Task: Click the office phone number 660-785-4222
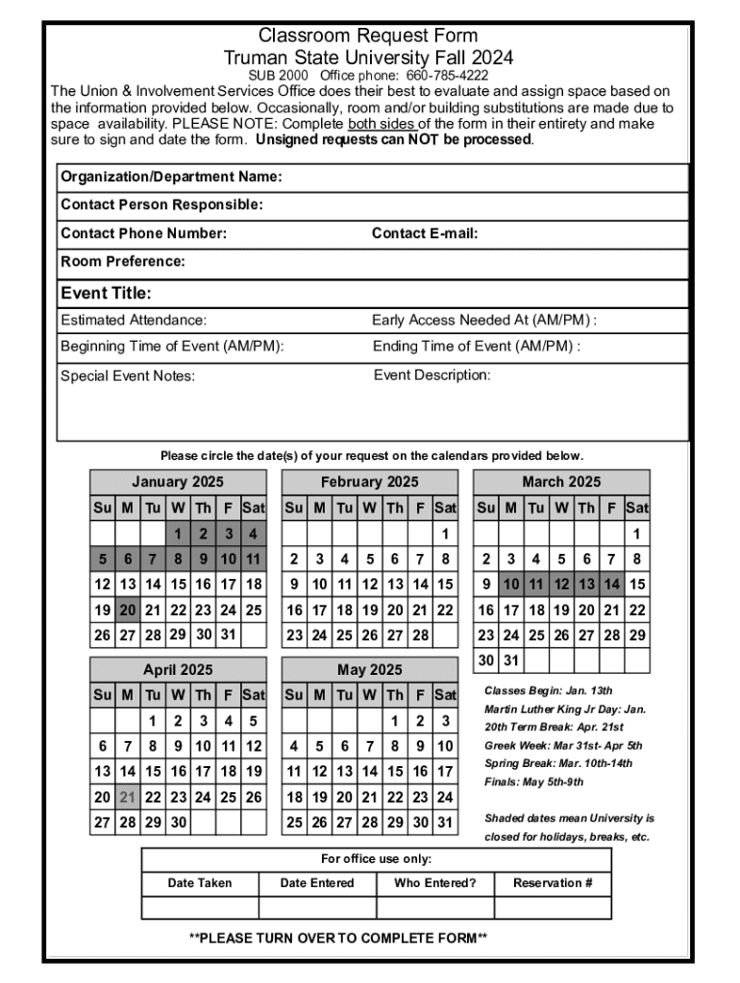447,75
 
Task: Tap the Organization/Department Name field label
171,178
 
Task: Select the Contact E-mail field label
425,233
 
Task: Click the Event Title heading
106,293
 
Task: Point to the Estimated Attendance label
134,321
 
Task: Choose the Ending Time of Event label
476,347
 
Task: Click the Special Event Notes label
128,375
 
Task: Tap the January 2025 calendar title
178,482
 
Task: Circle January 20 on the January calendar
128,610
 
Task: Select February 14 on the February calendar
420,584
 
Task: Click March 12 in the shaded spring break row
561,584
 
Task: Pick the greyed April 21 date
128,797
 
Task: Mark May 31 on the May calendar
445,823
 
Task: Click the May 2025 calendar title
370,670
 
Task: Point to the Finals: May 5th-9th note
533,781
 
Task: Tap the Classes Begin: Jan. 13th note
548,690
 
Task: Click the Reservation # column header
553,883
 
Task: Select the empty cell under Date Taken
200,908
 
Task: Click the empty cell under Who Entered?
434,908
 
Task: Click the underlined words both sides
382,124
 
